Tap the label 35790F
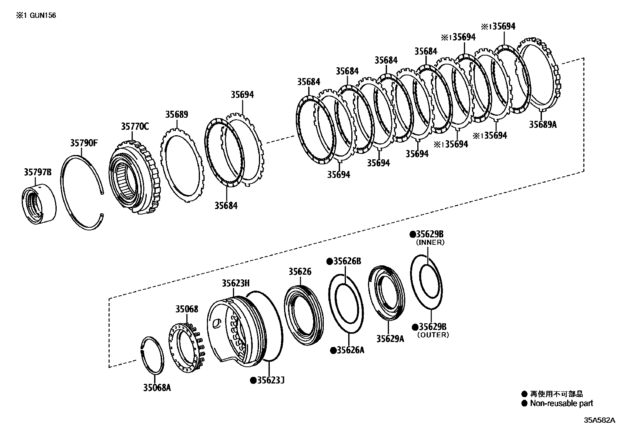tap(84, 143)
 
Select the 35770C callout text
tap(135, 126)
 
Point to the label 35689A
tap(543, 124)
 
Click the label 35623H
tap(236, 283)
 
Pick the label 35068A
tap(156, 387)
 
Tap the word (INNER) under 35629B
tap(430, 242)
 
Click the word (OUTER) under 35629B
tap(433, 335)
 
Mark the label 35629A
tap(390, 338)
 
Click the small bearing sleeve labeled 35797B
tap(38, 206)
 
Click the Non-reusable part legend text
tap(561, 403)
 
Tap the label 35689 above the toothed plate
tap(177, 115)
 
